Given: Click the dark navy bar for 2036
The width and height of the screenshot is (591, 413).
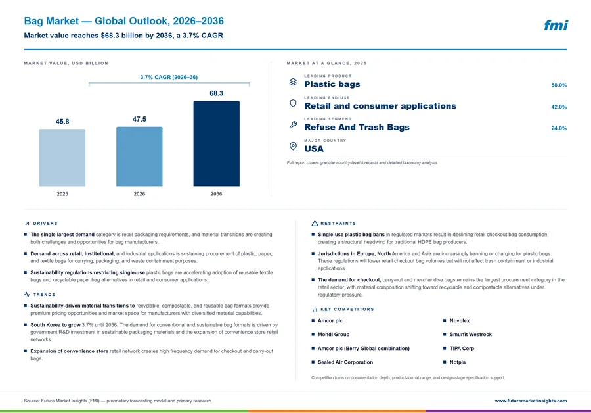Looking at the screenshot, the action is pos(216,143).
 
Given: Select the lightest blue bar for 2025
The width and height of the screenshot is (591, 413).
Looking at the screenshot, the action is pos(62,157).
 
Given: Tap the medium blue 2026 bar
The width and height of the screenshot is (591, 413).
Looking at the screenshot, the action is pos(139,157).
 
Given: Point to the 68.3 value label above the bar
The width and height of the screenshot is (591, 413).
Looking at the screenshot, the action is pos(216,93).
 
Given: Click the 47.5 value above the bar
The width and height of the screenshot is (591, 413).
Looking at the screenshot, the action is pos(139,119).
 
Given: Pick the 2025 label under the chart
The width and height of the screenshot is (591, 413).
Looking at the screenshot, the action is pos(62,193).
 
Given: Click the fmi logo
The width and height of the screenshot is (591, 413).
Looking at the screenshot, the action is pos(556,25).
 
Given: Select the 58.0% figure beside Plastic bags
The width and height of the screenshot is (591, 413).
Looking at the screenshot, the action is pos(559,85).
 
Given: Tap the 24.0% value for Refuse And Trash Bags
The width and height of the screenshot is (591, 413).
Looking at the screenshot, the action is pos(559,128).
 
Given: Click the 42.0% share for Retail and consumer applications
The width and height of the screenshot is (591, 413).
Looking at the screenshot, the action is pos(559,107).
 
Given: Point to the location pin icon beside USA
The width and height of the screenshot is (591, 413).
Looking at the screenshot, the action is pos(293,146).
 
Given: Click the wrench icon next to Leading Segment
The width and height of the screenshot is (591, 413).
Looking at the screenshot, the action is pos(294,124).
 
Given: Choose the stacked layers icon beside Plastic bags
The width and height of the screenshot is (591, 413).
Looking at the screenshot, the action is pos(294,82).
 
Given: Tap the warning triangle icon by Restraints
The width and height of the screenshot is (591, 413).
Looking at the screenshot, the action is pos(315,224).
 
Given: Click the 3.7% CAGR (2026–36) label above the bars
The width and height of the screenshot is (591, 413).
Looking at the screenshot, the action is pos(169,77).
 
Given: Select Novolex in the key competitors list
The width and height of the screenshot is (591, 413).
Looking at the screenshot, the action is pos(460,320).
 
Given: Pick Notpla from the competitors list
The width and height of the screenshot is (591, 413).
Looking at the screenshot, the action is pos(458,362).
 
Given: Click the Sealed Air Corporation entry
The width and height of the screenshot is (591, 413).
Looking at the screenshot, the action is pos(345,362).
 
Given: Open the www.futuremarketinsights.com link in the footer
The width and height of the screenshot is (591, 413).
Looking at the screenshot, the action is pos(531,401).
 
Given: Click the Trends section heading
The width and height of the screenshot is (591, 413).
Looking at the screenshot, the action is pos(44,295).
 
